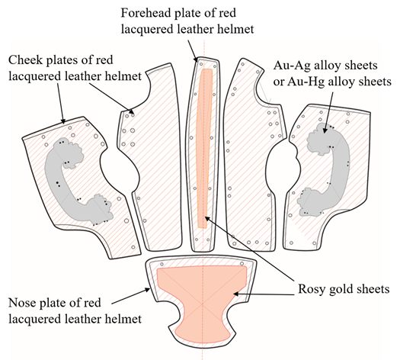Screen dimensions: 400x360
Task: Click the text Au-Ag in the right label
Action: [292, 66]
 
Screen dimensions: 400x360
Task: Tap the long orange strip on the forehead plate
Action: [204, 148]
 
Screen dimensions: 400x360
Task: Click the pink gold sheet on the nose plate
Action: [202, 301]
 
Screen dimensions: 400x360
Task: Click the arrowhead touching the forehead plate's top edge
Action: [197, 59]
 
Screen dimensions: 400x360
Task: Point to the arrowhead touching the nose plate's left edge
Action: [148, 290]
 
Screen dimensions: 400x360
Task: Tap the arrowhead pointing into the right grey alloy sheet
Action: [325, 130]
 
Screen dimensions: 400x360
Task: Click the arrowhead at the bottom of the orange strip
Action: [207, 219]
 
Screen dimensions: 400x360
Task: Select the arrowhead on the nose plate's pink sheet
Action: [236, 294]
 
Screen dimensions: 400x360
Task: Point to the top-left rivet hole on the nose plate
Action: [162, 264]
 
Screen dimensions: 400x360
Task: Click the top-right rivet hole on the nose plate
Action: [242, 263]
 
